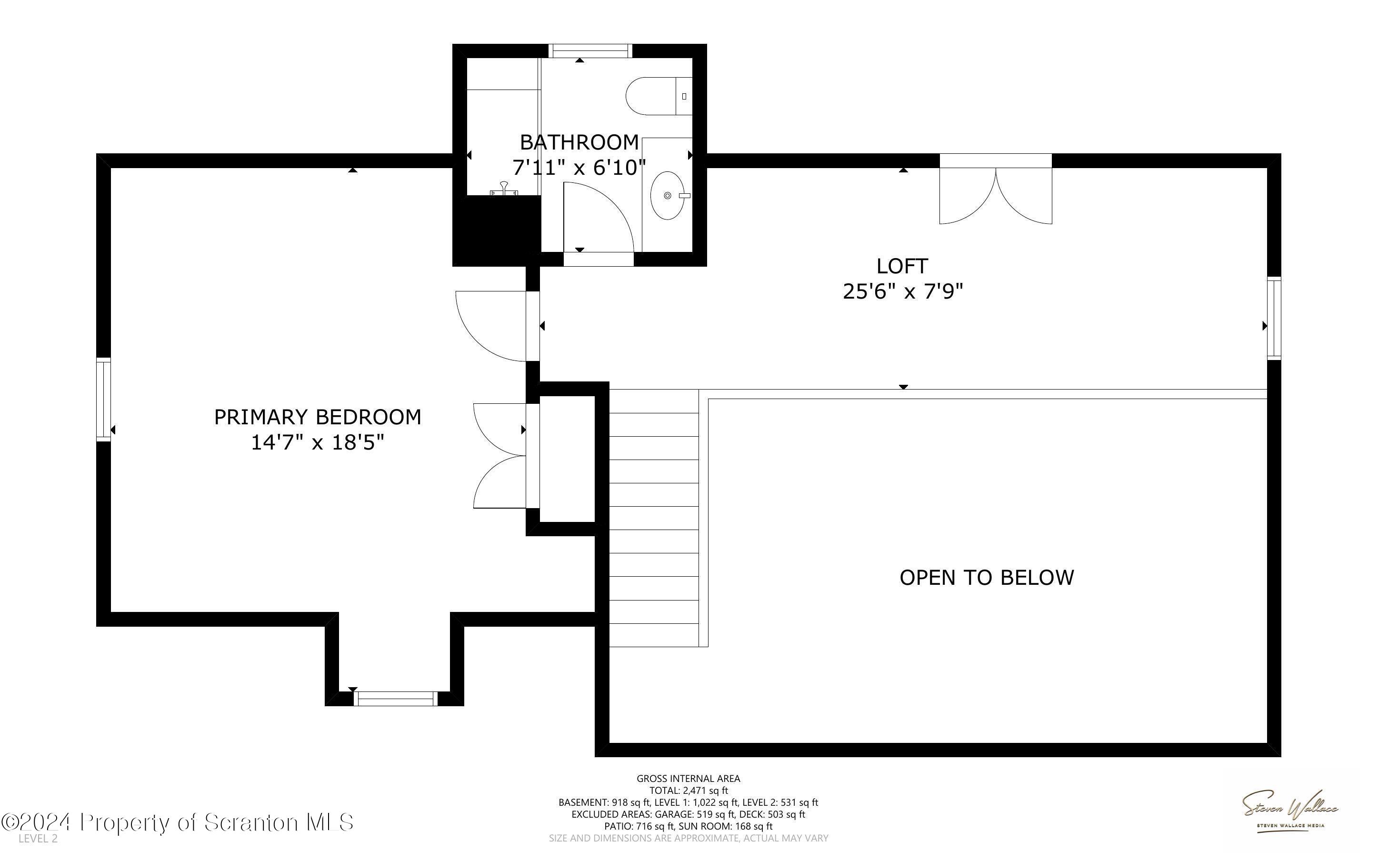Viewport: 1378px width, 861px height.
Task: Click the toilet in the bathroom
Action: click(659, 96)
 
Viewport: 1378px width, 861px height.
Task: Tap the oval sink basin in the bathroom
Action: click(668, 196)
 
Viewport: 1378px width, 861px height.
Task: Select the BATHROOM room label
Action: click(579, 142)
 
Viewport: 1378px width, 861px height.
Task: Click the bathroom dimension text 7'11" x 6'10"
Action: click(579, 168)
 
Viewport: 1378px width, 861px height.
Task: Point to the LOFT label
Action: click(902, 266)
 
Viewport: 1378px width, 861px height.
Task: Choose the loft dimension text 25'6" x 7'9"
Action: click(903, 291)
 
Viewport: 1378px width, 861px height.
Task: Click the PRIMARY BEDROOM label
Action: click(318, 417)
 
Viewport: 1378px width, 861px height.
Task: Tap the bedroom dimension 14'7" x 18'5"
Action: click(318, 442)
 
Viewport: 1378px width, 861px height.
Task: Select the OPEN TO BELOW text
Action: click(987, 578)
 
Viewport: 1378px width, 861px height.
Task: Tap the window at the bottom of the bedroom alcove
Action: click(395, 698)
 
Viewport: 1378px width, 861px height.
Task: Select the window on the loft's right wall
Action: click(1274, 318)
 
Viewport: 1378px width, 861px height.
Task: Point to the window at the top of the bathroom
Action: click(590, 50)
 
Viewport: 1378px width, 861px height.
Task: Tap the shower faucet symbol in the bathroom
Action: click(504, 190)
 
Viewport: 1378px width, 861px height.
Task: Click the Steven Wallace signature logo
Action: click(1290, 812)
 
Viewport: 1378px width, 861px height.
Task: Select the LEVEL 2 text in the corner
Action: click(38, 839)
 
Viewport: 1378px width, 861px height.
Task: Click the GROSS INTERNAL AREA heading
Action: click(688, 779)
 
